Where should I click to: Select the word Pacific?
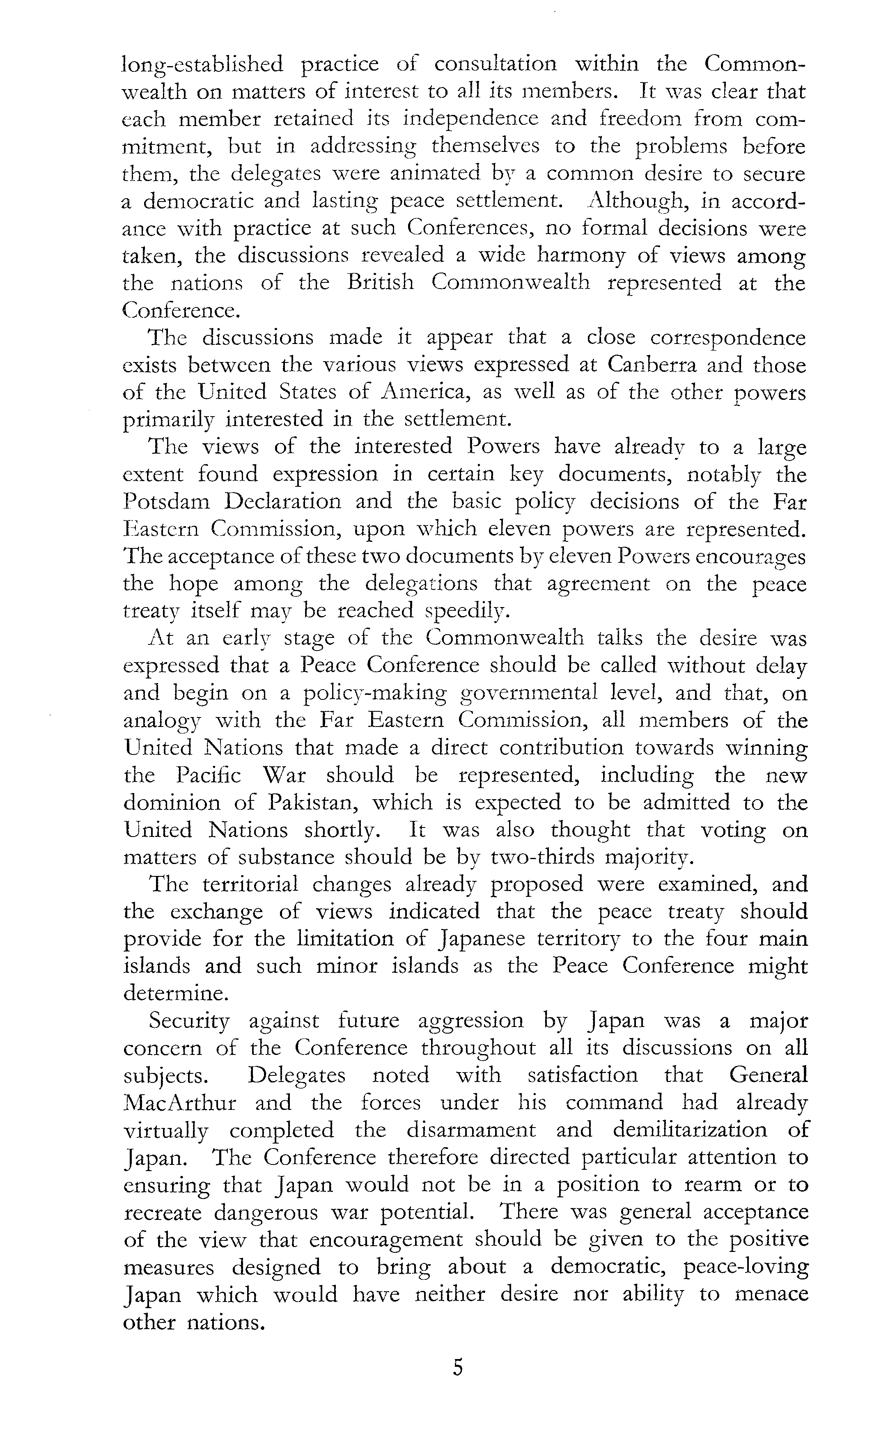tap(209, 775)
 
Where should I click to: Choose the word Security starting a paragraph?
tap(188, 1020)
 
